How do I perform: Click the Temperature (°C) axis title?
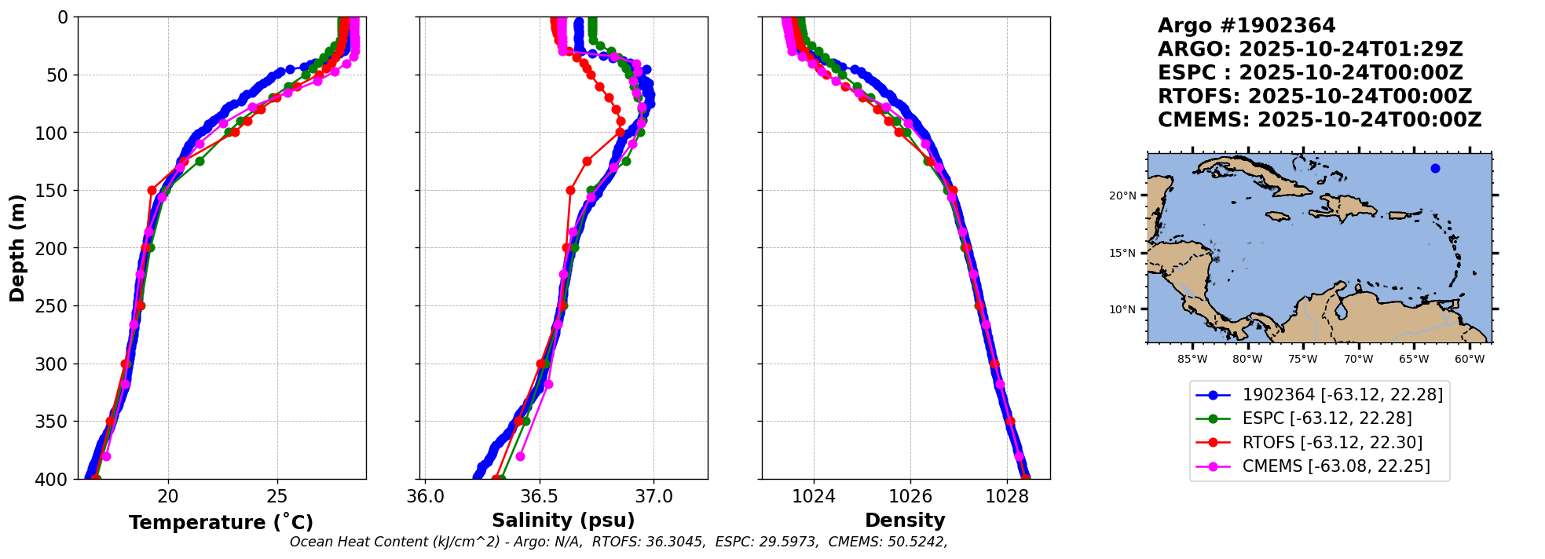221,523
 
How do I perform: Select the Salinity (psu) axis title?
563,521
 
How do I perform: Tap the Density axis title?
905,521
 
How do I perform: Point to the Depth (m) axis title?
17,248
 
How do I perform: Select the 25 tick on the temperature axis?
277,496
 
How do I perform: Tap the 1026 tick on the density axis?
910,496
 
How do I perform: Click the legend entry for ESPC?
1327,418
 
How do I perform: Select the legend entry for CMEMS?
1335,466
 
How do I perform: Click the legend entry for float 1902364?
1342,395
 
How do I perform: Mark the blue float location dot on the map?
1435,168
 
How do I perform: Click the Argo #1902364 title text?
1247,26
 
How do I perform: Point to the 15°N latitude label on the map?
1122,253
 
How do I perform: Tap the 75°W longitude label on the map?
1302,360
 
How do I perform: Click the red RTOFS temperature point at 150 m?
152,190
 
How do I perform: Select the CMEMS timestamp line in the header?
1320,120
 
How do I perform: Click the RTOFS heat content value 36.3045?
676,542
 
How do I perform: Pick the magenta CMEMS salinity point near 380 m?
520,456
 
